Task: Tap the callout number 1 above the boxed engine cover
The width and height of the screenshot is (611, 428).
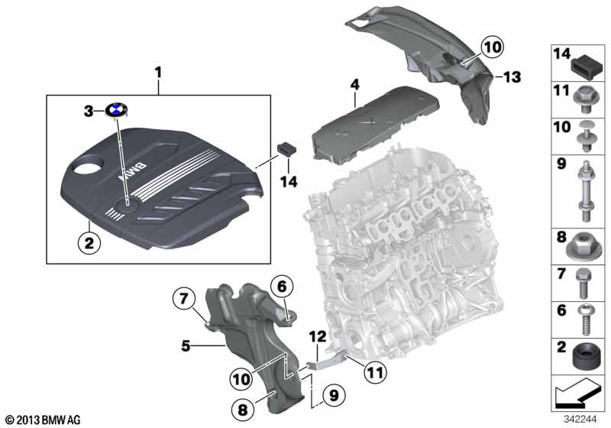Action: (x=159, y=73)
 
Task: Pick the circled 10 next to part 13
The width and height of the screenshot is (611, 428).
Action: (x=492, y=47)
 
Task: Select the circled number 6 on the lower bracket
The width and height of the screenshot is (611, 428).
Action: (x=281, y=287)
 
